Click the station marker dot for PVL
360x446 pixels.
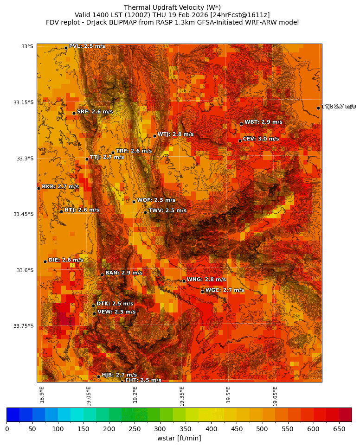click(x=66, y=48)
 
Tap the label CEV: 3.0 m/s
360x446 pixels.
click(x=261, y=139)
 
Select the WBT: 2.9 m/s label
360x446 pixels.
click(x=263, y=122)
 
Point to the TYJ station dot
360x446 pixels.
click(x=318, y=108)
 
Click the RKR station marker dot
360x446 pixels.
click(x=39, y=188)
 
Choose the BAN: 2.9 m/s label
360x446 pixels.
click(x=124, y=273)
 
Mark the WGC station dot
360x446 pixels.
click(x=202, y=292)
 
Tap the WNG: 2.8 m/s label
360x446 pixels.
click(x=206, y=279)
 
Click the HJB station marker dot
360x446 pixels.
click(x=98, y=376)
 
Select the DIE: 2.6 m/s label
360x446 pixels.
click(x=65, y=260)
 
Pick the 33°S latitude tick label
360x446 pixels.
click(x=27, y=46)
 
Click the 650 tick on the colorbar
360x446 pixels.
click(x=339, y=429)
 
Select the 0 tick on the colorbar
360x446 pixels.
click(x=7, y=429)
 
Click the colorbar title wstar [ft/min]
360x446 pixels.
click(x=179, y=438)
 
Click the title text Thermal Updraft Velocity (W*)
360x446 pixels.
click(x=172, y=7)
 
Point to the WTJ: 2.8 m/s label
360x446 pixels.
click(x=175, y=134)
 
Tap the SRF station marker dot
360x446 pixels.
click(x=74, y=113)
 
